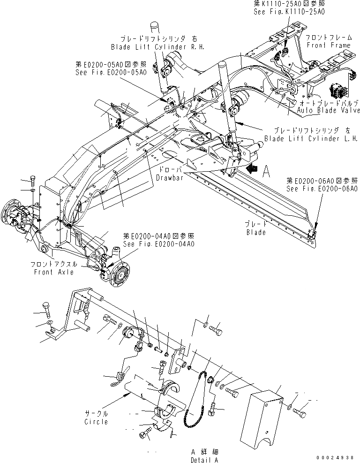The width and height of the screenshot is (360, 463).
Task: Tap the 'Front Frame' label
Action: click(x=329, y=46)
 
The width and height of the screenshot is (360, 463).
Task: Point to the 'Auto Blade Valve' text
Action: click(x=329, y=111)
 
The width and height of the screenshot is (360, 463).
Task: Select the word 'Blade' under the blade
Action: click(x=255, y=232)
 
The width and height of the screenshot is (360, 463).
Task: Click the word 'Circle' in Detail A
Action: click(x=96, y=422)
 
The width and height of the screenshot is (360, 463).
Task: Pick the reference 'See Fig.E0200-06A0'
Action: click(x=324, y=188)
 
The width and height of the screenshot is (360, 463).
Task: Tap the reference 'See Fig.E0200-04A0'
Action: click(x=158, y=244)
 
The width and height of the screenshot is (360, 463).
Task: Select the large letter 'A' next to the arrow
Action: click(x=266, y=173)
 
